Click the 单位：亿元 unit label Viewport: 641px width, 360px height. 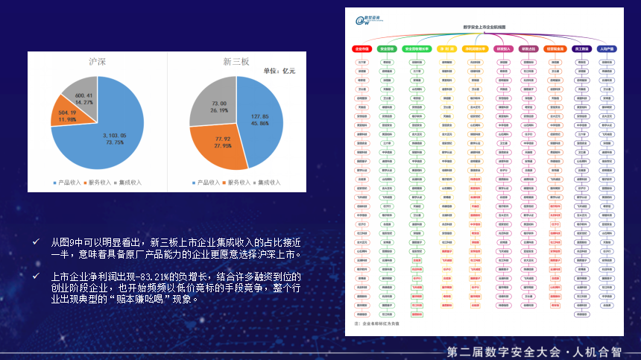pos(280,72)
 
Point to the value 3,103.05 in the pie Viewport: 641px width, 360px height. pos(115,136)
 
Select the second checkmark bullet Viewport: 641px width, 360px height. pos(36,276)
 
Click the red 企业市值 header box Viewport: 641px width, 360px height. pos(361,48)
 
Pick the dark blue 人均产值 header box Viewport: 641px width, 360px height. pos(607,48)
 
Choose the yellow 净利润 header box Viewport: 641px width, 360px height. pos(447,48)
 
